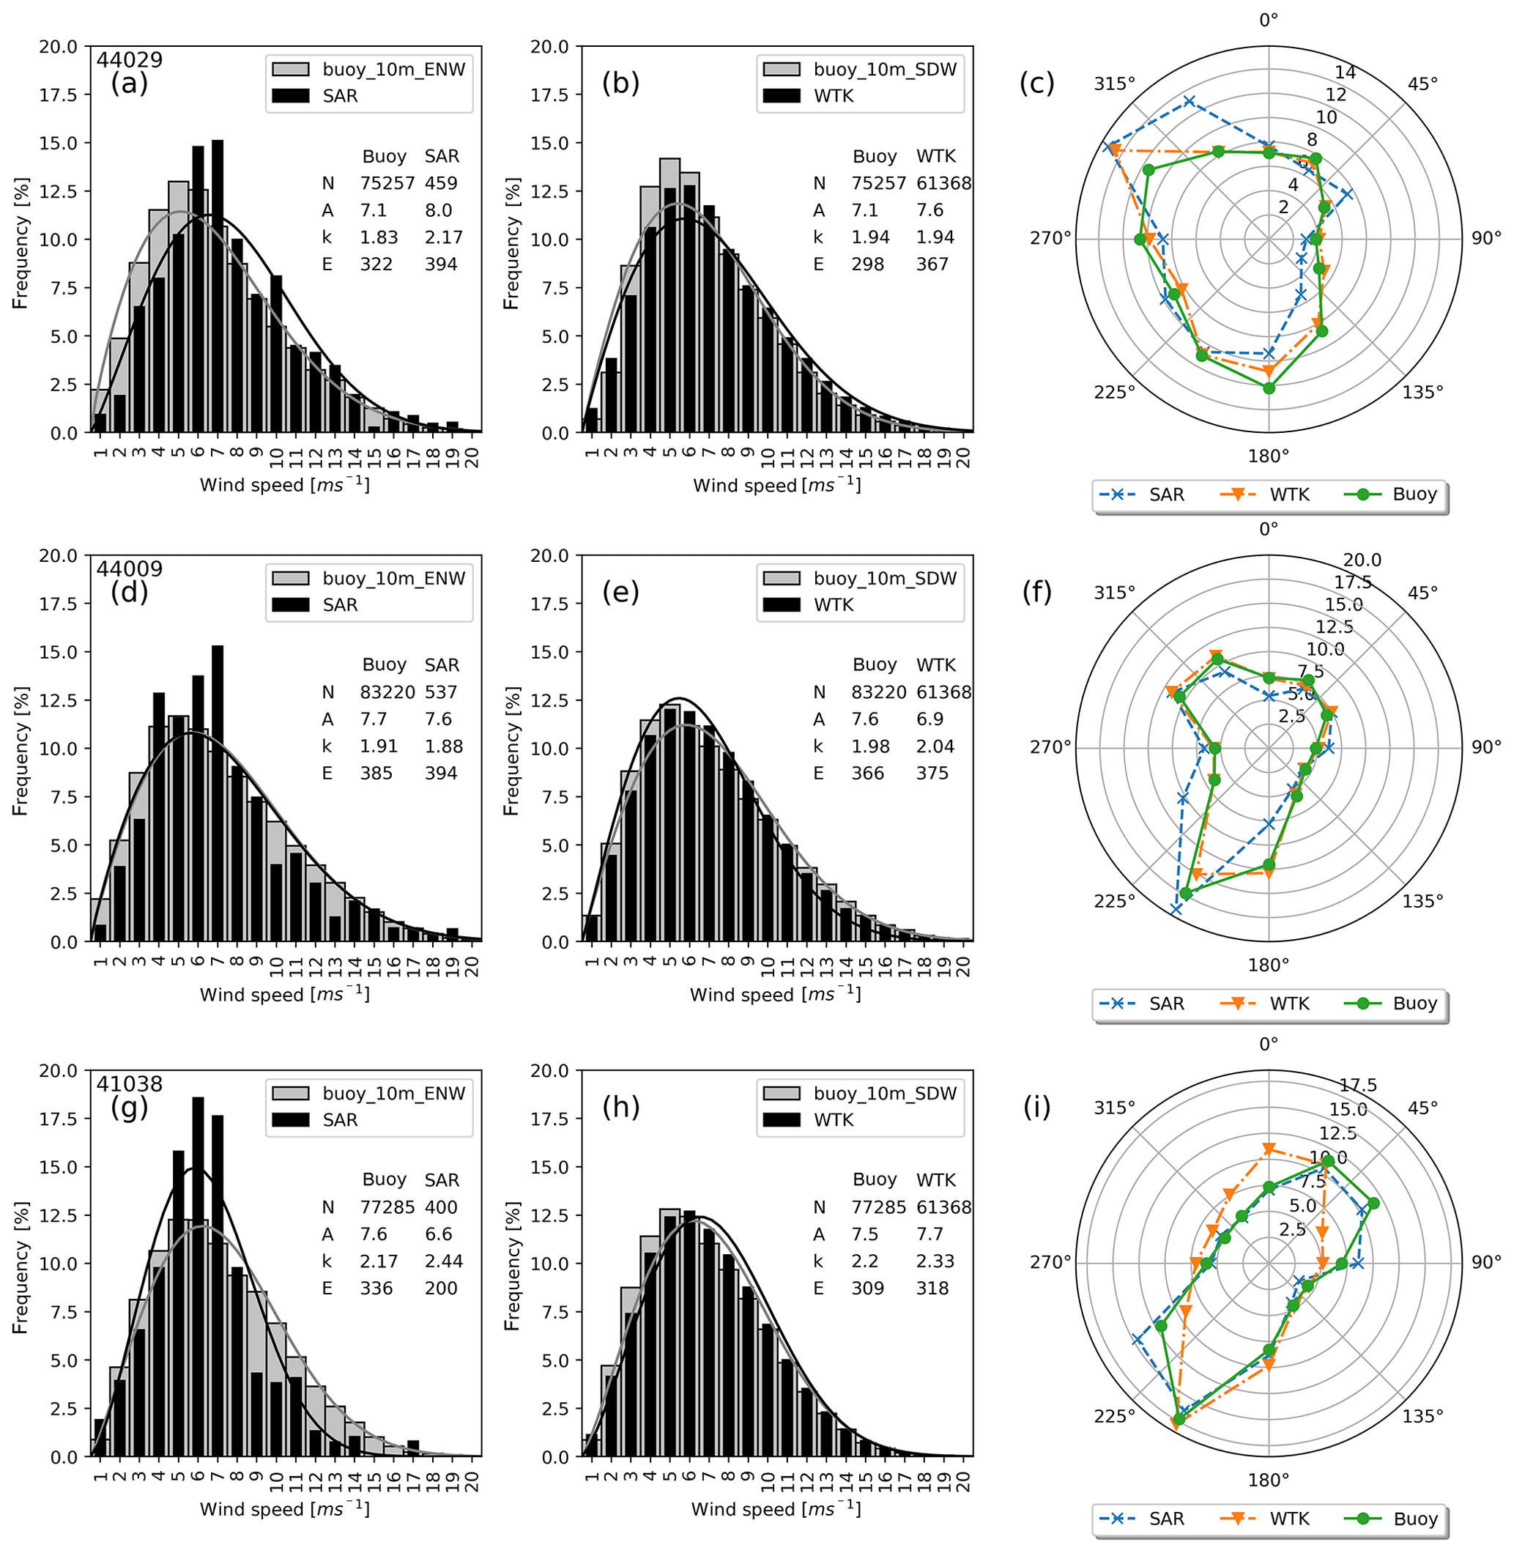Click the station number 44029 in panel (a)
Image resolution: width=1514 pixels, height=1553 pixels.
[x=130, y=59]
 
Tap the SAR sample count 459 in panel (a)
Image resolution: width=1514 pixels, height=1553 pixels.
[x=440, y=183]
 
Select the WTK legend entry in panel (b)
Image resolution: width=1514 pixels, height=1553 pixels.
[x=833, y=96]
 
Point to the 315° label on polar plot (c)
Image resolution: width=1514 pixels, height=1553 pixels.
[x=1114, y=84]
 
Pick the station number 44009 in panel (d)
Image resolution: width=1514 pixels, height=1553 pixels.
[x=130, y=568]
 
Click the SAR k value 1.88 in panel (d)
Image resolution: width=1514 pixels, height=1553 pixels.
[x=443, y=746]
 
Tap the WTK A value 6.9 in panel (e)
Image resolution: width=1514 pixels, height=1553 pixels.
[x=929, y=719]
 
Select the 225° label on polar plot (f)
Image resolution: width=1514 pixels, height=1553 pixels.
[x=1114, y=901]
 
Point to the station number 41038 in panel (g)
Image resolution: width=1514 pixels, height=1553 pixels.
[x=130, y=1084]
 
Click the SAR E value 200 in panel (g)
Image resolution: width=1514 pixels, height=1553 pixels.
[x=440, y=1289]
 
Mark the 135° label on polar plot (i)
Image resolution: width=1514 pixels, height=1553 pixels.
[x=1422, y=1416]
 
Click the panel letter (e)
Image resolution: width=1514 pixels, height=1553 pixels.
[x=621, y=592]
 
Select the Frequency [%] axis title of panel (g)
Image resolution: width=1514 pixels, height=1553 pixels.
[x=21, y=1265]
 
